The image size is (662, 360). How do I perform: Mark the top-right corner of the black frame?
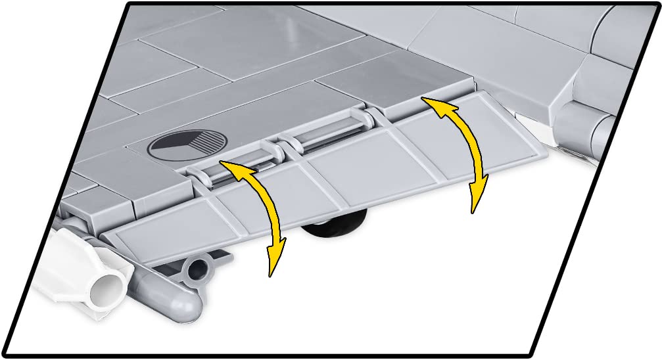[x=657, y=3]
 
